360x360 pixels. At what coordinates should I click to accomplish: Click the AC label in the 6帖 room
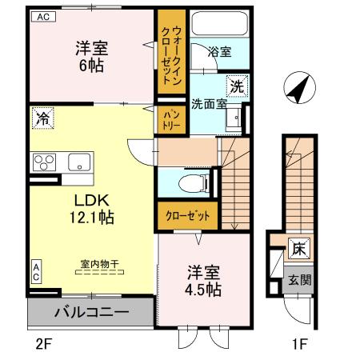click(42, 16)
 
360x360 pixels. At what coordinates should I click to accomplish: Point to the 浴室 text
click(219, 52)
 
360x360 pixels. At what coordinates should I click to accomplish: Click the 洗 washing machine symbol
click(238, 84)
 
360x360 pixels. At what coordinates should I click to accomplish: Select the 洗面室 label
click(209, 103)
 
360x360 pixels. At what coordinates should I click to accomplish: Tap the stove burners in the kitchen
click(42, 161)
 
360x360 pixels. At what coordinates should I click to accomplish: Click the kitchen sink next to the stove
click(79, 161)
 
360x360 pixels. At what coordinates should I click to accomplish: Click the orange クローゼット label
click(187, 217)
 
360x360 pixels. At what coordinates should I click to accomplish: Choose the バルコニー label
click(90, 310)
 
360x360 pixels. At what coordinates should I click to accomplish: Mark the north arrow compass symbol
click(297, 88)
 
